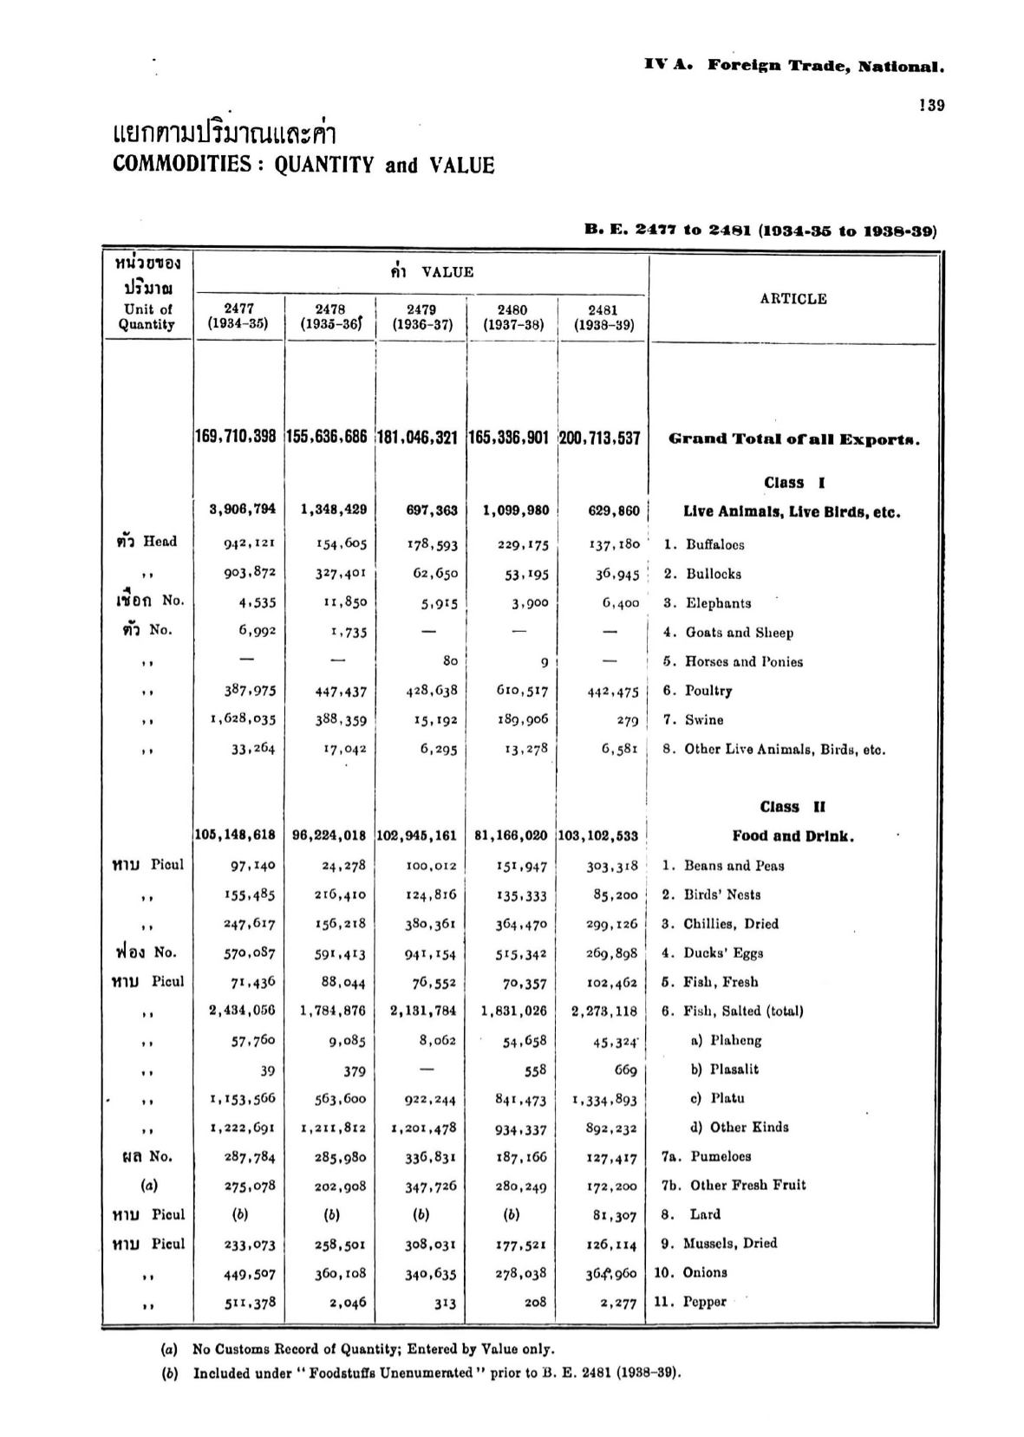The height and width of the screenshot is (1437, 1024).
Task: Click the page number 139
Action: (x=932, y=106)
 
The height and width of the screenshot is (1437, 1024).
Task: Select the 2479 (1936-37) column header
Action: (x=421, y=317)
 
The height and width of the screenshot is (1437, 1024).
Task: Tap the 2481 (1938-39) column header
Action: (x=603, y=317)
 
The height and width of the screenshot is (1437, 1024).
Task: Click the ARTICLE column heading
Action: (x=792, y=299)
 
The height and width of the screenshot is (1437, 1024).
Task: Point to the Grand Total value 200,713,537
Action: (x=600, y=439)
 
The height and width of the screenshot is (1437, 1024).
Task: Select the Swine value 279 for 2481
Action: (x=628, y=720)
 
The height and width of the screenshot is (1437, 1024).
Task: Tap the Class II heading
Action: (x=792, y=807)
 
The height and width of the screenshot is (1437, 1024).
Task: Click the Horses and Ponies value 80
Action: (x=449, y=661)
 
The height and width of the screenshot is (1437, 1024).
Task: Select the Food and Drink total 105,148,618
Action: (x=235, y=836)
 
